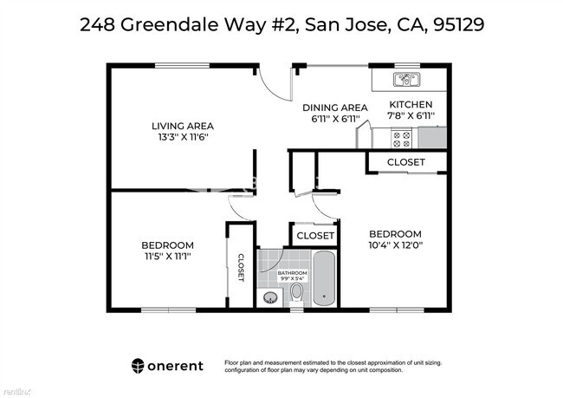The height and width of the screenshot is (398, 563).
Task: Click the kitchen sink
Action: click(406, 81)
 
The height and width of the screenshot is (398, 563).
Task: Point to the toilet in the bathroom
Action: click(296, 293)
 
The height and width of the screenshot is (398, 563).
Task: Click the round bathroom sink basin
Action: click(270, 297)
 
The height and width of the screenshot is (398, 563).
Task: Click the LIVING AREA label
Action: click(183, 126)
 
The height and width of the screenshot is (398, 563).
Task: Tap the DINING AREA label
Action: click(334, 108)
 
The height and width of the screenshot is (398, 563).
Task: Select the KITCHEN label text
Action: click(411, 105)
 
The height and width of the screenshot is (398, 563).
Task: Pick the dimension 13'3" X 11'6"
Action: click(183, 137)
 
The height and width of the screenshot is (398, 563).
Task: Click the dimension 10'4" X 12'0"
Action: click(395, 245)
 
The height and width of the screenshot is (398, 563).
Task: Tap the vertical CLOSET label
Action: click(241, 267)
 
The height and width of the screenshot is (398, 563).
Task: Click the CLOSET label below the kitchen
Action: click(405, 162)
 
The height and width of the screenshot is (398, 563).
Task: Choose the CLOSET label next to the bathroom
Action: click(315, 236)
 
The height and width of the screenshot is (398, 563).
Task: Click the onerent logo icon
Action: click(138, 365)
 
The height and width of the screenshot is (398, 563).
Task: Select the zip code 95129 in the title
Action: click(455, 24)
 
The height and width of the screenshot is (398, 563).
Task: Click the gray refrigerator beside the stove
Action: click(432, 137)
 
